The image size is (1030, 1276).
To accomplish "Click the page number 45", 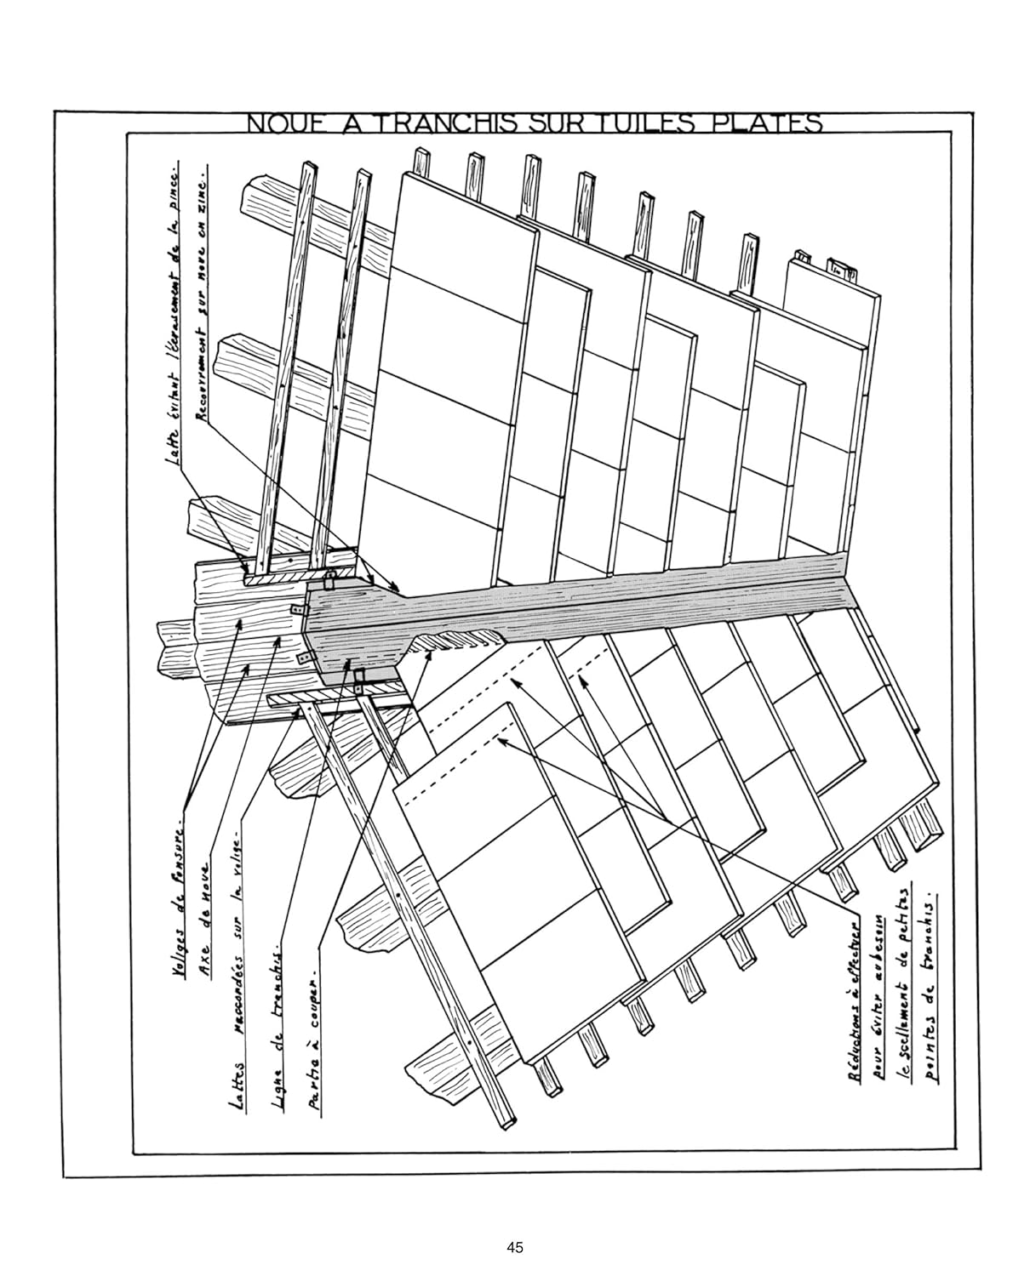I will [514, 1224].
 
